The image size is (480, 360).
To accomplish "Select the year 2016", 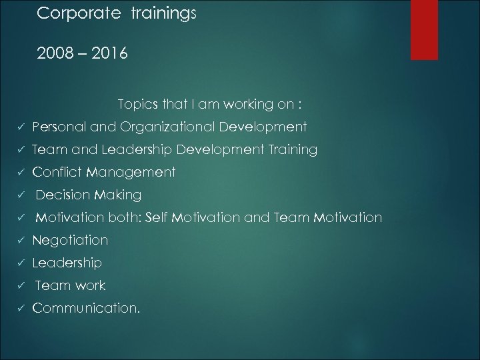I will coord(105,52).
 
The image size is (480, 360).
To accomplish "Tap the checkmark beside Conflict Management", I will coord(22,173).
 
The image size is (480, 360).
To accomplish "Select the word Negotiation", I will coord(70,240).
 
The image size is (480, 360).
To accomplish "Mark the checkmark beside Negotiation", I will coord(22,241).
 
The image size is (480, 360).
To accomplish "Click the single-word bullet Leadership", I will coord(67,263).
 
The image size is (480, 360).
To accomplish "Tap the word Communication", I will coord(85,309).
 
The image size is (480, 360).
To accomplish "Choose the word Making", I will coord(118,195).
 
